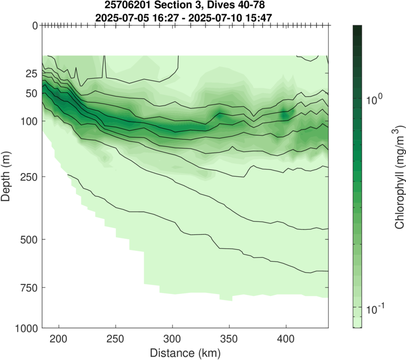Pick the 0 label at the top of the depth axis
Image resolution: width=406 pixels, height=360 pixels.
pos(35,25)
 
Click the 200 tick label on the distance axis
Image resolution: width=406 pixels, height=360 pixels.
pos(59,339)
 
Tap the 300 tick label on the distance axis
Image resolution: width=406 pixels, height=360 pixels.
pos(173,339)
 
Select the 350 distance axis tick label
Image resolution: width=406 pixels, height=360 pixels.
pos(229,339)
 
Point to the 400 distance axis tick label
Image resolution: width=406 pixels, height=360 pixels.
pos(286,339)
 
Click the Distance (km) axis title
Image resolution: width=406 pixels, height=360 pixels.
pos(185,351)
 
